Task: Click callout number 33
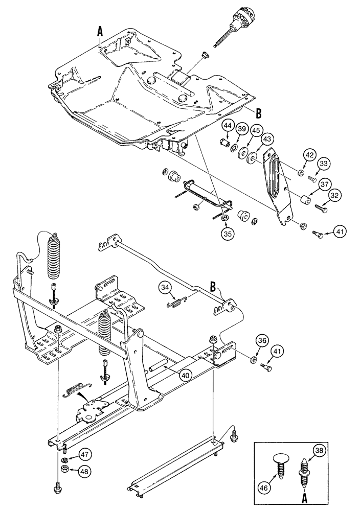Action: (324, 165)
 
